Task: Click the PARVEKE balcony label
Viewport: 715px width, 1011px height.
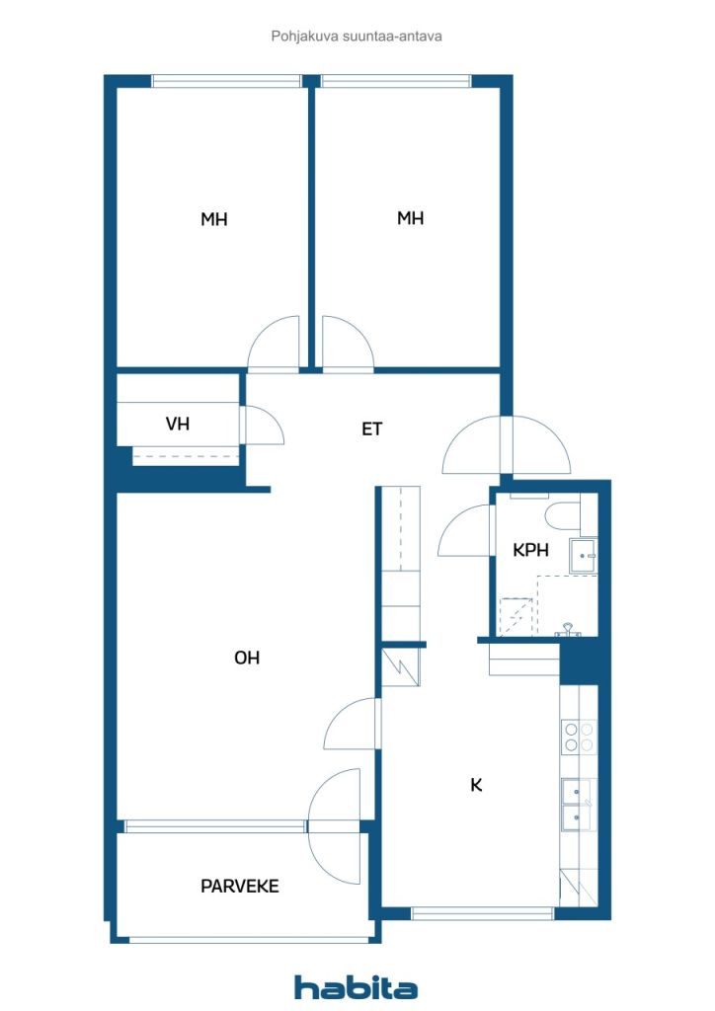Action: click(240, 886)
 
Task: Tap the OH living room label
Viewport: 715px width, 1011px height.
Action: click(247, 658)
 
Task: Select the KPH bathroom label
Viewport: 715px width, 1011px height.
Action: click(530, 550)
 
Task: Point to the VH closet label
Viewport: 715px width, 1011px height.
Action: click(178, 424)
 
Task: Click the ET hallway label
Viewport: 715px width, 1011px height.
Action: click(372, 428)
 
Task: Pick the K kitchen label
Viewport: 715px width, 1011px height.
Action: click(476, 785)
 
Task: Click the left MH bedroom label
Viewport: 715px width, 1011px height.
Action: click(214, 219)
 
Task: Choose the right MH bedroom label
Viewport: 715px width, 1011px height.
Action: click(411, 218)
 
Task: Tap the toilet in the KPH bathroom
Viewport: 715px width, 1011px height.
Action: click(563, 514)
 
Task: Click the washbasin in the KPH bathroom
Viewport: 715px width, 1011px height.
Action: click(584, 556)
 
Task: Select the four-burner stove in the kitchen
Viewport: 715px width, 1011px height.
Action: click(579, 737)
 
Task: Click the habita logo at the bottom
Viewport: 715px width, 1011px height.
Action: click(356, 987)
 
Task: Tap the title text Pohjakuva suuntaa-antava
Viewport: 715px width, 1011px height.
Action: click(357, 37)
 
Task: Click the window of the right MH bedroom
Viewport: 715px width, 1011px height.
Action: click(396, 81)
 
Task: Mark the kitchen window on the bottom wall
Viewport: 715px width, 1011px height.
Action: click(483, 913)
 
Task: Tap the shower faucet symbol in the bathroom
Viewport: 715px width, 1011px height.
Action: click(567, 630)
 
